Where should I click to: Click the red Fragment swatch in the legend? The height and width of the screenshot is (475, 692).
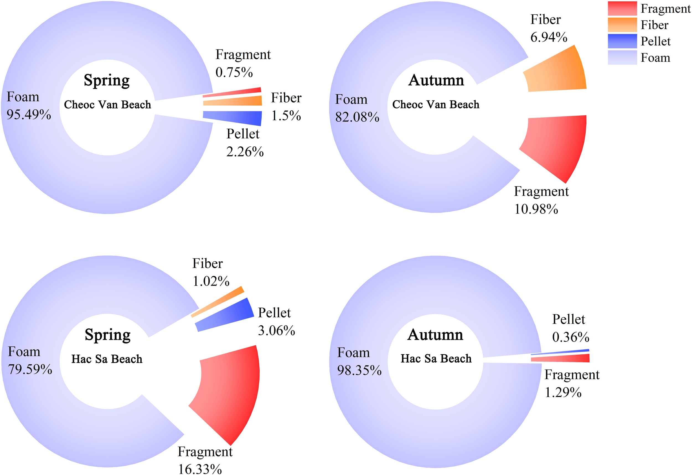coord(622,8)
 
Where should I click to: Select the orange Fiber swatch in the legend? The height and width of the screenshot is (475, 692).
coord(622,25)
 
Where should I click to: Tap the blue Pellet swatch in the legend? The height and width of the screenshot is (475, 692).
coord(622,41)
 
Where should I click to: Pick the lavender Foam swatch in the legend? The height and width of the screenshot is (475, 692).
coord(622,58)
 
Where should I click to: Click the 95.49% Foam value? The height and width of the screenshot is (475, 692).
coord(29,115)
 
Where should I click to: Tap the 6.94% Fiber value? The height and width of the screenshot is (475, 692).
coord(548,37)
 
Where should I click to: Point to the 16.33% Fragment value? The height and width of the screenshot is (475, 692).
coord(200,468)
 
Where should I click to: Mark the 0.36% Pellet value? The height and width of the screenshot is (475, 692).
coord(570,337)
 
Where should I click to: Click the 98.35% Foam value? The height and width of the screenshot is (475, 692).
coord(359,370)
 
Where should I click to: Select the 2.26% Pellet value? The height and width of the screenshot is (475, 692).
coord(245,152)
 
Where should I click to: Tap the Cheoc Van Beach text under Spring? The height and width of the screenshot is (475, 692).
coord(107,105)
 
